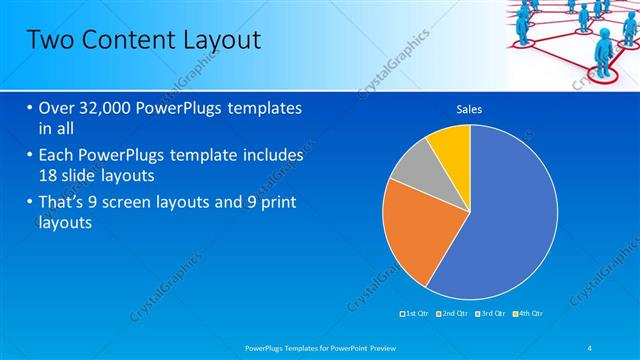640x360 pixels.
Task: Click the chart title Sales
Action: coord(469,109)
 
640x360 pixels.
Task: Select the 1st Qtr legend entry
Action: coord(415,314)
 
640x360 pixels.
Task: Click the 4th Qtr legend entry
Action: coord(529,314)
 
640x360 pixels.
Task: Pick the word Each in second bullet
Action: coord(56,156)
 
